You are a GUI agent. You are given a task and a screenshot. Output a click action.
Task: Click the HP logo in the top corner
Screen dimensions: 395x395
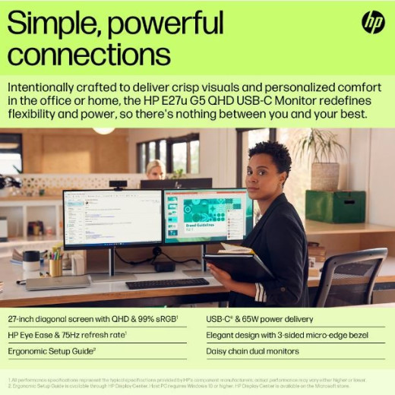372,23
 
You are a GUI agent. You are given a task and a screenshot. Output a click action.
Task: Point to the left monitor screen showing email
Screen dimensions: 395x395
112,218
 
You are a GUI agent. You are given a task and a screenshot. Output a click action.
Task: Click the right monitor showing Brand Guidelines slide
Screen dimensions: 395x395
207,216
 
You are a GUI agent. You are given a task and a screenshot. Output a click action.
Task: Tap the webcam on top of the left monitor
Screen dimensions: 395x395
118,185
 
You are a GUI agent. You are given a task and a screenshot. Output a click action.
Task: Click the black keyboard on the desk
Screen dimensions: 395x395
167,283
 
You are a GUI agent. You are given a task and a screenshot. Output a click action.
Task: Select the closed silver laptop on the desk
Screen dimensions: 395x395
58,283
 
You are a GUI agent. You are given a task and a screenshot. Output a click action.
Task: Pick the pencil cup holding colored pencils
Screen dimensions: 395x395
55,263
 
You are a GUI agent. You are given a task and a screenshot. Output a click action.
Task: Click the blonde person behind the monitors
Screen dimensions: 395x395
156,170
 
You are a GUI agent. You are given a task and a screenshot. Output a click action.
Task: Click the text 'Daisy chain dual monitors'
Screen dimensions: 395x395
252,351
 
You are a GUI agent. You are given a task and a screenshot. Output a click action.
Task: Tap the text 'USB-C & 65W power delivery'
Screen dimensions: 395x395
260,319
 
